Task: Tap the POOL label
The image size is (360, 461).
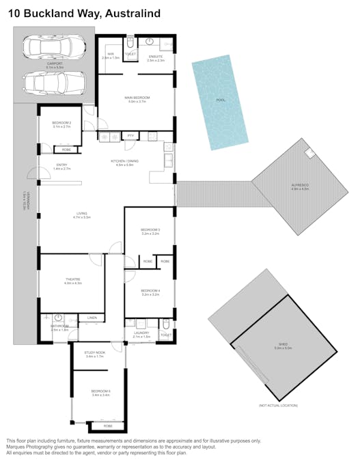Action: [x=220, y=100]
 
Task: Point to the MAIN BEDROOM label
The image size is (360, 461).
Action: [x=137, y=98]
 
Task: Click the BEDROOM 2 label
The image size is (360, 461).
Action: [x=61, y=123]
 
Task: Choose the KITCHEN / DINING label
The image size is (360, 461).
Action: [x=129, y=161]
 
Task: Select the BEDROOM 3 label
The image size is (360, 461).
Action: [x=150, y=229]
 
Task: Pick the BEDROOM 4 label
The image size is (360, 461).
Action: [x=150, y=291]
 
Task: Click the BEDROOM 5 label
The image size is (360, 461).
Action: [x=100, y=391]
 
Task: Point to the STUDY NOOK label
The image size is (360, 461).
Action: [x=94, y=352]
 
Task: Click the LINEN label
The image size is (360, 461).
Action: [x=92, y=318]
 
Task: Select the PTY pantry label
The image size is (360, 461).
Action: [x=130, y=136]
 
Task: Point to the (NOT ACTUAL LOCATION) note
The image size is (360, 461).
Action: [x=278, y=405]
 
